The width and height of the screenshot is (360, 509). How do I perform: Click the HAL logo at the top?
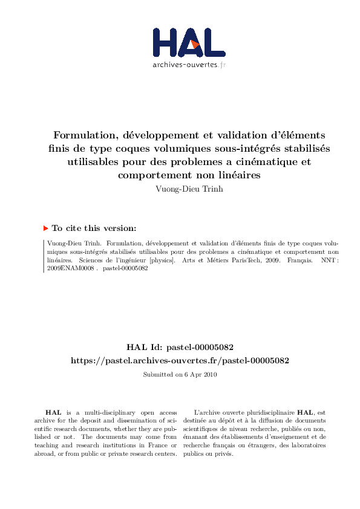pos(188,42)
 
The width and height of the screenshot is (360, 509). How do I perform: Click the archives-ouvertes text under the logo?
pos(188,64)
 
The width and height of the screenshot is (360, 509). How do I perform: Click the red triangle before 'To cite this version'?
pos(45,228)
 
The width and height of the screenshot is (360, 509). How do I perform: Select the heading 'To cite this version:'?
pos(94,229)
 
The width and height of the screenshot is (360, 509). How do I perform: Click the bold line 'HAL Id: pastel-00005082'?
pos(180,348)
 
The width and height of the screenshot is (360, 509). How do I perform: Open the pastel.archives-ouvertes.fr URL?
pos(180,360)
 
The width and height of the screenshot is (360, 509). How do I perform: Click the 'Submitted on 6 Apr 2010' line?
pos(180,375)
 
